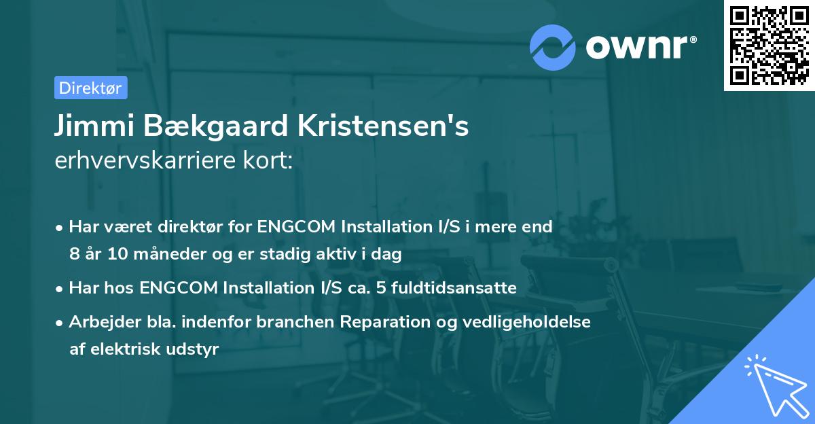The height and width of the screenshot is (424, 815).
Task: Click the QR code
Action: pyautogui.click(x=769, y=46)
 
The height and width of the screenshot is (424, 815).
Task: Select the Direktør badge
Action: pyautogui.click(x=90, y=88)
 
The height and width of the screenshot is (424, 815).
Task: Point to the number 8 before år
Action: pyautogui.click(x=74, y=255)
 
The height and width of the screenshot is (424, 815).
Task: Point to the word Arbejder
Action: pyautogui.click(x=98, y=321)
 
